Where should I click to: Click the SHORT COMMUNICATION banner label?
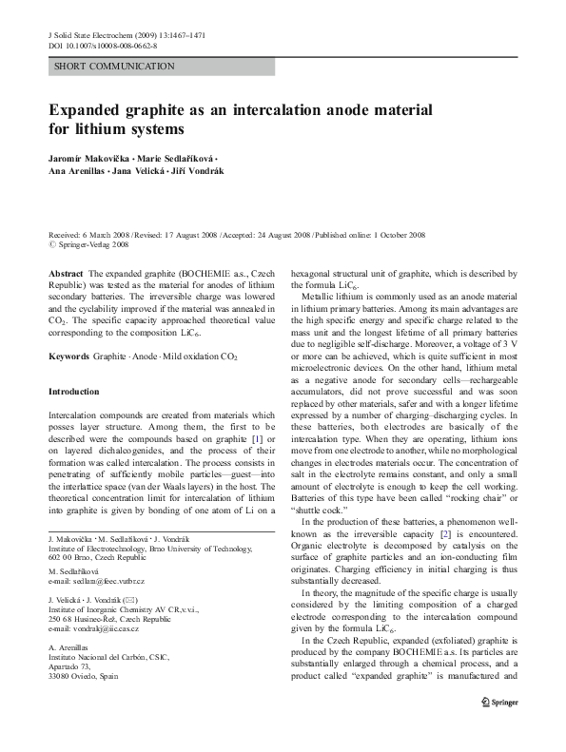coord(114,67)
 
